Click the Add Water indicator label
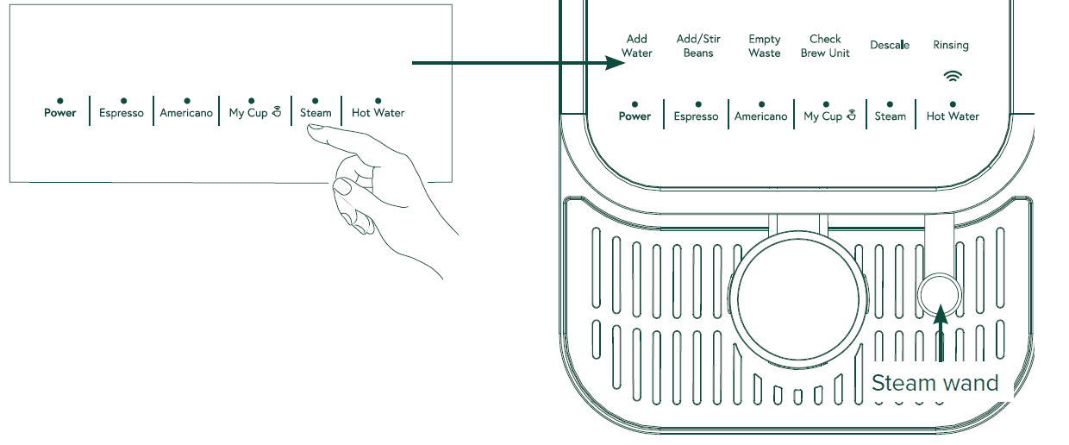[637, 46]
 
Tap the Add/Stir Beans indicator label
[698, 46]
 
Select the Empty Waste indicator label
[764, 46]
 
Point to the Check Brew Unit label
[825, 46]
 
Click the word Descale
[890, 45]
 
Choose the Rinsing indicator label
[951, 45]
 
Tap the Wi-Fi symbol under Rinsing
[952, 76]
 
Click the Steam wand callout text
[935, 383]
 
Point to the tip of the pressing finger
[312, 128]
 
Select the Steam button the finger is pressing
[316, 113]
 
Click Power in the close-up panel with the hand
[60, 113]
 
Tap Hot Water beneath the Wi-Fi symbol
[953, 116]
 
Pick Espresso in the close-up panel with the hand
[122, 113]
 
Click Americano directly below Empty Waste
[760, 116]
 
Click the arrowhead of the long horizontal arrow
[623, 63]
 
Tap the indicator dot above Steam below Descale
[891, 103]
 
